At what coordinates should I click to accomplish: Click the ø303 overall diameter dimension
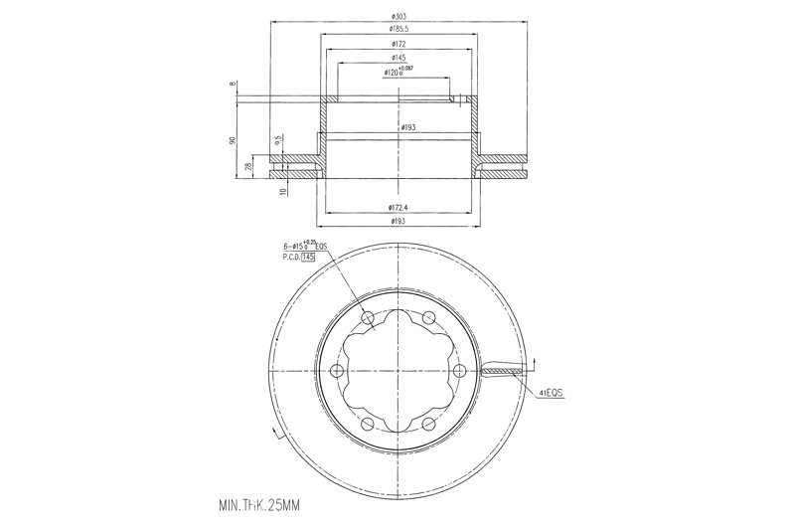(x=397, y=17)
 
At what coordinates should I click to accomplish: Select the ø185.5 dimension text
(x=397, y=30)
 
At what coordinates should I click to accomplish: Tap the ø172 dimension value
(x=397, y=45)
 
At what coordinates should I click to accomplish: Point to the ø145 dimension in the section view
(x=397, y=59)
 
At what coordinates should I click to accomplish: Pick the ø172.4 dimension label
(x=397, y=206)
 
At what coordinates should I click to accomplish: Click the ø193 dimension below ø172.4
(x=397, y=221)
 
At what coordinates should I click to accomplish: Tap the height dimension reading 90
(x=233, y=139)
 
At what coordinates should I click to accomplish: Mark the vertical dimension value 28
(x=248, y=167)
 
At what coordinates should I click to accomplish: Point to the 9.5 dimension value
(x=279, y=140)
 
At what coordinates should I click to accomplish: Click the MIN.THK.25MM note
(x=257, y=506)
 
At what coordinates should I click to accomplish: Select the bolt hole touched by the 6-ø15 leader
(x=367, y=317)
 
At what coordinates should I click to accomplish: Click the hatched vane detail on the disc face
(x=502, y=372)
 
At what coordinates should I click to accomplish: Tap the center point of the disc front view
(x=397, y=371)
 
